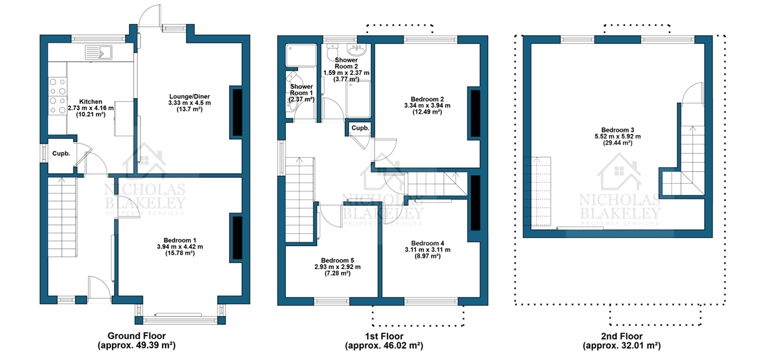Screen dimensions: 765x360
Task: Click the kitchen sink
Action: [98, 53]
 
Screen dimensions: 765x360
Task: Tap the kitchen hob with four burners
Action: [57, 96]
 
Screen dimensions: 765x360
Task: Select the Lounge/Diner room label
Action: [189, 96]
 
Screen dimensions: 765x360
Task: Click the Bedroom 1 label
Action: [180, 240]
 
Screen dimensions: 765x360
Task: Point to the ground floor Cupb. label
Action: [61, 154]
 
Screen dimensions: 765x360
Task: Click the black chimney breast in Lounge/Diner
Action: [238, 112]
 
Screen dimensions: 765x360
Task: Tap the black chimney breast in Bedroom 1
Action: [238, 238]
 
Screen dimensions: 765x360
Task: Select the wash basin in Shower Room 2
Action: [357, 50]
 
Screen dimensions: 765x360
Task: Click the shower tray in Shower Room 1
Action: [301, 55]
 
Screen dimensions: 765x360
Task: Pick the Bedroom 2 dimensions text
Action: [427, 105]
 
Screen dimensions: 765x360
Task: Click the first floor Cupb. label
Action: [360, 128]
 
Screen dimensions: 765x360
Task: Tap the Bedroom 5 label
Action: [338, 261]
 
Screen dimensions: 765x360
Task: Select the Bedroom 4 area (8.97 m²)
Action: [427, 256]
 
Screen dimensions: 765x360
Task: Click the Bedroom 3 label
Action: [617, 130]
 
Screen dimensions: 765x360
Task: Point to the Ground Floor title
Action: [136, 336]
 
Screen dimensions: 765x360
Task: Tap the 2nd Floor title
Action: [622, 336]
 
